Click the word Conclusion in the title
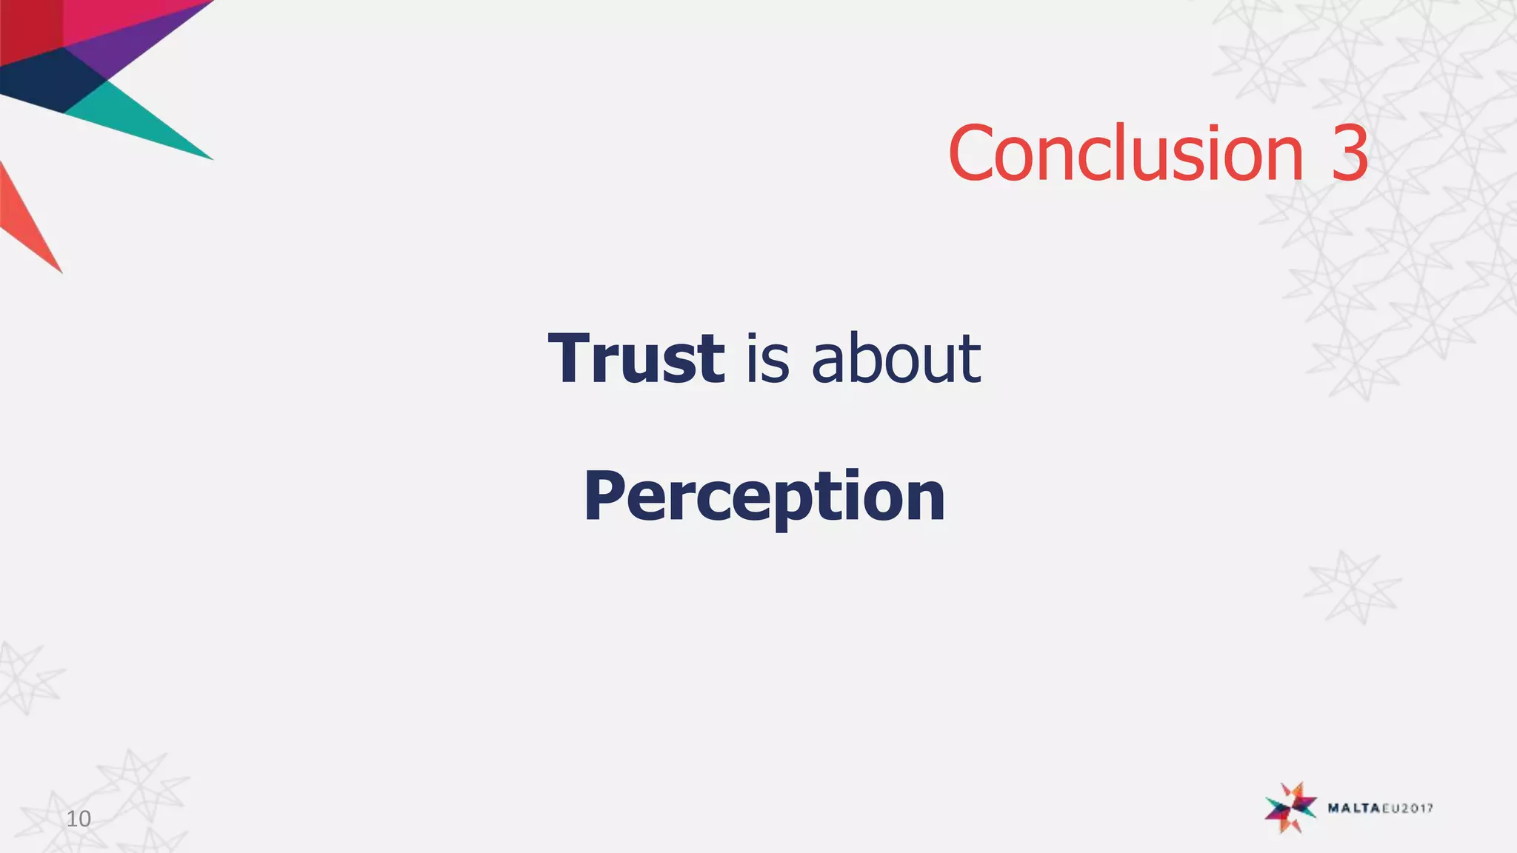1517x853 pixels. (1125, 153)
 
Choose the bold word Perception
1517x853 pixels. (764, 496)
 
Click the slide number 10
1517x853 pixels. (79, 819)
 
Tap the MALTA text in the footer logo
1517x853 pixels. (1353, 808)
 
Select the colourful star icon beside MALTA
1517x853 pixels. (1291, 807)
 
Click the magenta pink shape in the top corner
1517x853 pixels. (111, 19)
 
